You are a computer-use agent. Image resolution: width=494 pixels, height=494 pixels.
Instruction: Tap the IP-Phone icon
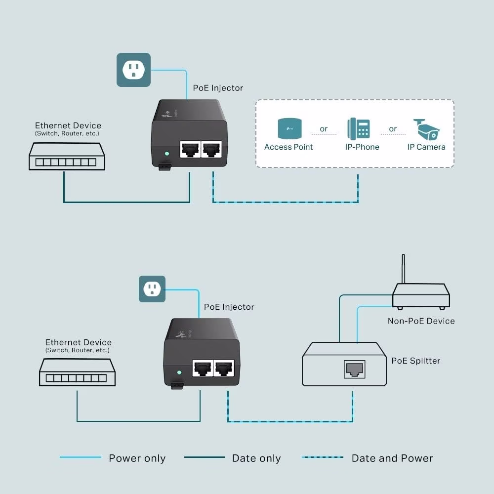[x=359, y=128]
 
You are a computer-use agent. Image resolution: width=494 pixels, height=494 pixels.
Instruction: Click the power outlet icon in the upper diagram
[x=133, y=70]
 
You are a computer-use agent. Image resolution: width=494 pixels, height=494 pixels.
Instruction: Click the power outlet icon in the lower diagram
[x=152, y=289]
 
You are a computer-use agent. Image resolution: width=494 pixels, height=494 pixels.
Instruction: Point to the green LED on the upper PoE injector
[x=167, y=154]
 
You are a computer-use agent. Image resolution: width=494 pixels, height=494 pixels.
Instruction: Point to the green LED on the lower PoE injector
[x=180, y=372]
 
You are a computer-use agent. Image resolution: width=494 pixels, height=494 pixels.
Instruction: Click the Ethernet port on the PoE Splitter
[x=354, y=369]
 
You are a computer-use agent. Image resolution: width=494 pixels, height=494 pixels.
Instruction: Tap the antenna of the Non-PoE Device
[x=403, y=269]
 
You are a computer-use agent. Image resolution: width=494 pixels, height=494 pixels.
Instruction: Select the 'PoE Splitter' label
[x=415, y=361]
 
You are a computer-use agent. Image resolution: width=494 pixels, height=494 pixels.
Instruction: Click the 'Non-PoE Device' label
[x=421, y=321]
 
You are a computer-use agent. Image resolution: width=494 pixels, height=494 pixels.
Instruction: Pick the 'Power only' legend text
[x=137, y=458]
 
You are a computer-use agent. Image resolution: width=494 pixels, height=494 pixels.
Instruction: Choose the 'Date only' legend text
[x=256, y=458]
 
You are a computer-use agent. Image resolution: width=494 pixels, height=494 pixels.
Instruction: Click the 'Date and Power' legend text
[x=392, y=458]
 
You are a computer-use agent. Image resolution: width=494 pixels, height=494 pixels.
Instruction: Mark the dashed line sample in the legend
[x=323, y=457]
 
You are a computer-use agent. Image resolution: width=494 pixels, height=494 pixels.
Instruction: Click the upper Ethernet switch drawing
[x=67, y=156]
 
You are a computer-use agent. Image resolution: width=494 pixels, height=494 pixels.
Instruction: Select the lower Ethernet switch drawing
[x=77, y=372]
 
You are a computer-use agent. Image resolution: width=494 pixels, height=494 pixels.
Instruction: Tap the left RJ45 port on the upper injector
[x=190, y=149]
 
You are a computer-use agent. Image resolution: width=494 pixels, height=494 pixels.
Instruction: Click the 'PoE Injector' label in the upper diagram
[x=218, y=88]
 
